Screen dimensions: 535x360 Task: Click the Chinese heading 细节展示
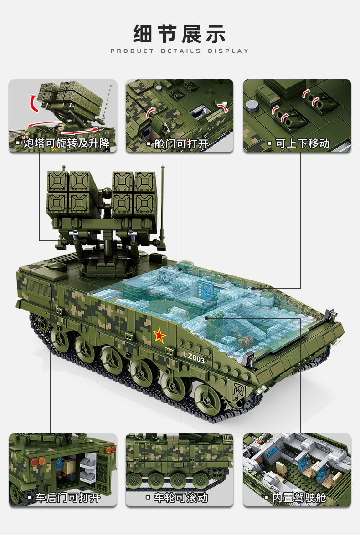click(x=180, y=34)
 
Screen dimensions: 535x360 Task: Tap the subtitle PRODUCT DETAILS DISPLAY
click(x=180, y=51)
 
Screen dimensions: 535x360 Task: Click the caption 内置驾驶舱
click(x=299, y=497)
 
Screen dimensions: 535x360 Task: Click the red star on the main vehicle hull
click(x=159, y=336)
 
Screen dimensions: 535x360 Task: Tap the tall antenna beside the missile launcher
click(x=163, y=205)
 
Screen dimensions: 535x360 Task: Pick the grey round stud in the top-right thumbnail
click(x=252, y=106)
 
